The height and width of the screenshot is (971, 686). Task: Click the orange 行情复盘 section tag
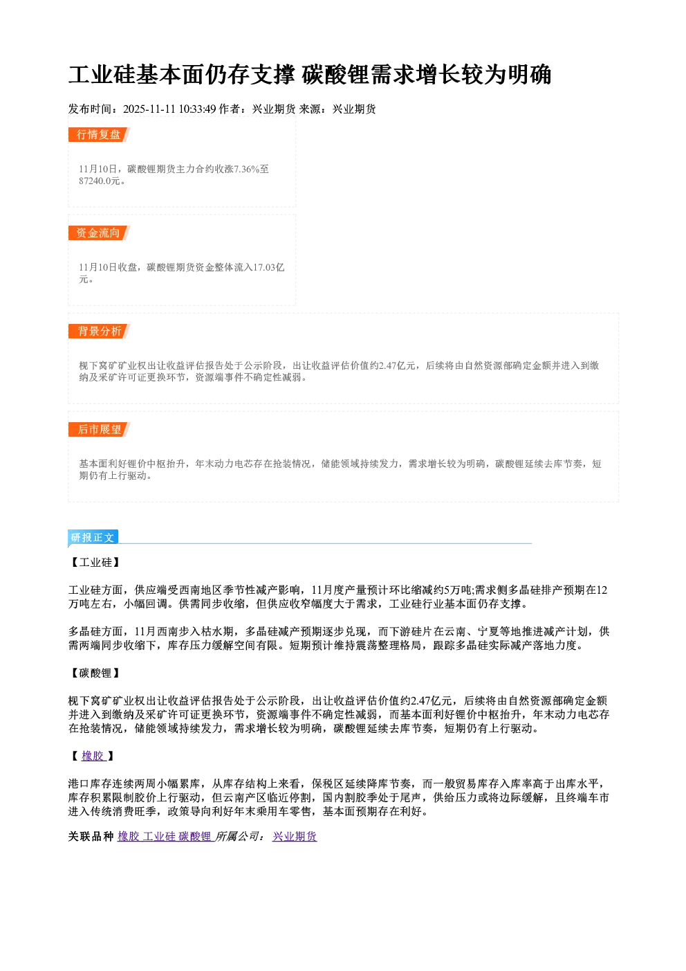[99, 134]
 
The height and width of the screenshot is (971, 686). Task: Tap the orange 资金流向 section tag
[99, 233]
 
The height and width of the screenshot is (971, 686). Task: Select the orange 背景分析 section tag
[99, 332]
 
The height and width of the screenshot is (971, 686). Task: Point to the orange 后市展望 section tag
[99, 430]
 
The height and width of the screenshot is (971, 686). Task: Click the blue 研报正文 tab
[93, 538]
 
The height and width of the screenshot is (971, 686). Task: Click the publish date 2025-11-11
[149, 109]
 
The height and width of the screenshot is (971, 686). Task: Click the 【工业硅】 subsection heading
[95, 563]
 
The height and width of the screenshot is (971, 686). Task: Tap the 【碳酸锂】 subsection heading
[95, 673]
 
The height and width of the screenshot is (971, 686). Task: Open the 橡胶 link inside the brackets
[93, 756]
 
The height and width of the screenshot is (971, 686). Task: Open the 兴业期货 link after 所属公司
[295, 836]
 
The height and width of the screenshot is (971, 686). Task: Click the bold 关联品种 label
[91, 836]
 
